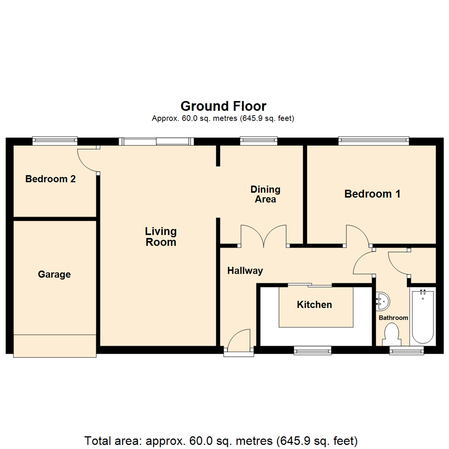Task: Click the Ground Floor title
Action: click(223, 106)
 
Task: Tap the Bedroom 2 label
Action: click(50, 179)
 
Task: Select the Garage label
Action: click(54, 274)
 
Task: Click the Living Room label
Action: click(160, 237)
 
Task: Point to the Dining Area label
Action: click(265, 194)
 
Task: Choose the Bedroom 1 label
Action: click(372, 194)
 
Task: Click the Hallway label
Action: click(245, 271)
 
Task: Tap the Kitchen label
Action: click(314, 305)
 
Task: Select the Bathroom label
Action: click(393, 318)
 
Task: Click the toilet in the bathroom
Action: click(392, 334)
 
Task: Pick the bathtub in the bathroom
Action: click(422, 316)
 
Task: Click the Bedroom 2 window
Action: click(55, 141)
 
